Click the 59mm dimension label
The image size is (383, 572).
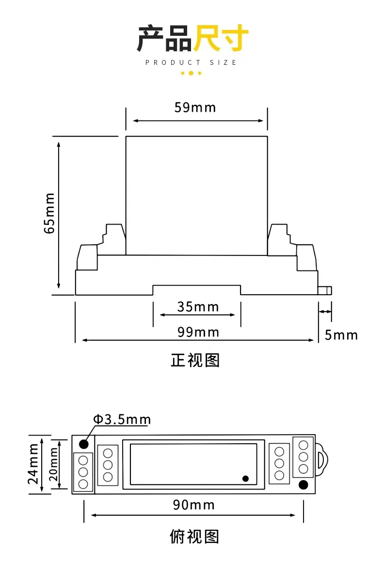pos(195,107)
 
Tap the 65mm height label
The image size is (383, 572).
pos(49,213)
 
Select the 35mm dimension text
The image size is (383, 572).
pos(198,307)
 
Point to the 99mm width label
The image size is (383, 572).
pos(198,332)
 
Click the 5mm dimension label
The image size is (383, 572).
pos(341,335)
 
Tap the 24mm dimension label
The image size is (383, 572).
pos(33,464)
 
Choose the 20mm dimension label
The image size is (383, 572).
pos(53,464)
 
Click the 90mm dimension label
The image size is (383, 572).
pos(194,505)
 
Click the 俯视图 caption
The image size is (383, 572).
pos(194,537)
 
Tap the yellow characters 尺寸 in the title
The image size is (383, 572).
pos(221,38)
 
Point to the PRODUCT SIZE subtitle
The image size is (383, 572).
pos(191,63)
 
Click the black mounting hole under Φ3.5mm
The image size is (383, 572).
pos(84,444)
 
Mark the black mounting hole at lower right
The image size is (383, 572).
pos(303,484)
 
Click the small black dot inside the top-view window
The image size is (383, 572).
pos(246,479)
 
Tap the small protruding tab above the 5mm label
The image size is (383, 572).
pos(325,290)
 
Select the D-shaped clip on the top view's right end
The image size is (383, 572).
pos(321,460)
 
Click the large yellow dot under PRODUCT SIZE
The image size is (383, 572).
pos(191,74)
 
